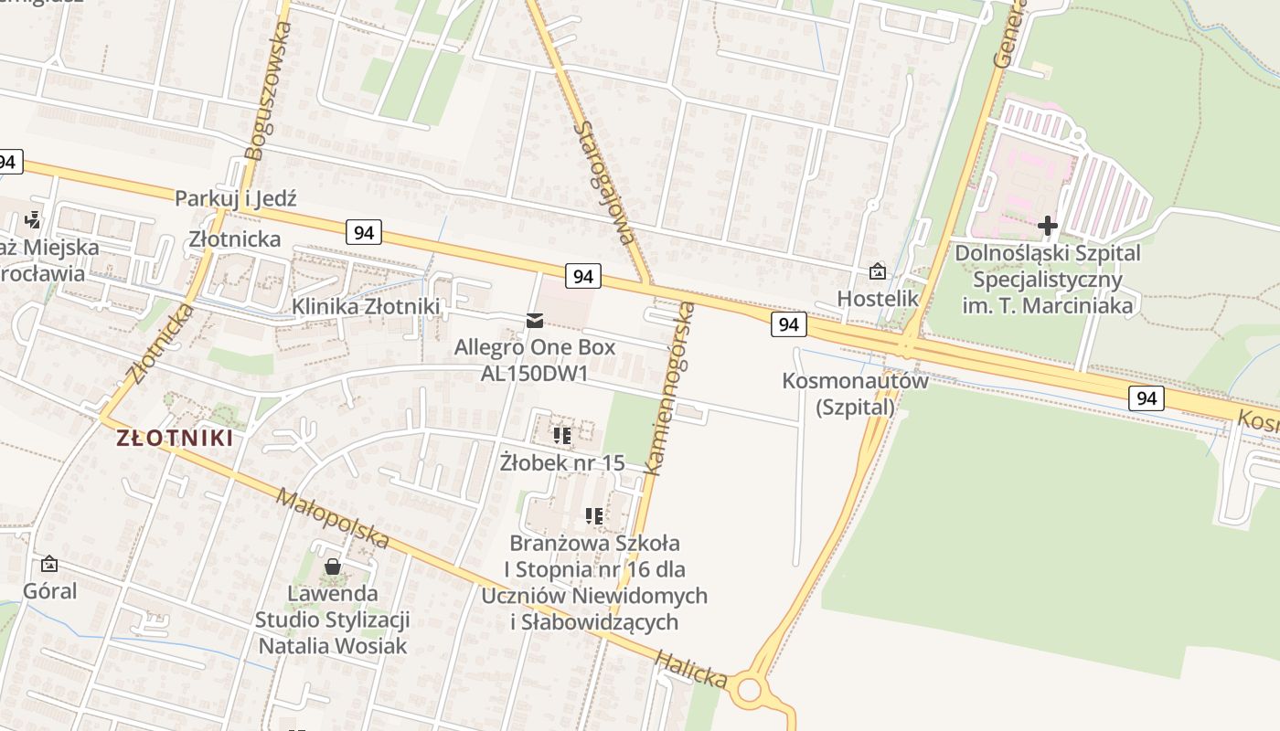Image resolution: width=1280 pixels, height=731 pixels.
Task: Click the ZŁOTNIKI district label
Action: click(175, 438)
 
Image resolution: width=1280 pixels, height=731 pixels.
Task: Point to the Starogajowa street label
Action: click(603, 179)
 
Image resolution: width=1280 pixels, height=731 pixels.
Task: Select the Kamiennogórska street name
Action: click(669, 388)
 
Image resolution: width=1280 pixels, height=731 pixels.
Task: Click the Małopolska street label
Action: click(333, 519)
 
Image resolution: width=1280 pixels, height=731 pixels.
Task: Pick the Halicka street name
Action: click(691, 669)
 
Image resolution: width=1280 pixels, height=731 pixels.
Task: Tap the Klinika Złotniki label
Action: click(366, 307)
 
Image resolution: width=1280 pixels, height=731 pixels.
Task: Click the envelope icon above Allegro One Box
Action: click(535, 320)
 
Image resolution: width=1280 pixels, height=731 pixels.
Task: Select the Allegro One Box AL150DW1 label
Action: click(535, 360)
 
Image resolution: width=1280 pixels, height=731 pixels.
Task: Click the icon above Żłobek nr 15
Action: click(562, 435)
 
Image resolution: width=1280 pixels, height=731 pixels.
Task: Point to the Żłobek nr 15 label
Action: click(562, 462)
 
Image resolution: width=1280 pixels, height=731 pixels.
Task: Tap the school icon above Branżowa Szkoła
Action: click(594, 516)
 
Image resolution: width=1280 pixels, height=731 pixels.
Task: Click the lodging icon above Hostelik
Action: click(878, 271)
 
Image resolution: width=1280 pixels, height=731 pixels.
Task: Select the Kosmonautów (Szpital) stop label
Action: click(855, 394)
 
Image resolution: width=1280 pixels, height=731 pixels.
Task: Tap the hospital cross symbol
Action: click(1048, 225)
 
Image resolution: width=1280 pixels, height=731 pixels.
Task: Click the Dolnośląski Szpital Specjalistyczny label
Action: click(1048, 278)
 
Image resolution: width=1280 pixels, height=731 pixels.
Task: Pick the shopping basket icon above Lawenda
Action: click(333, 567)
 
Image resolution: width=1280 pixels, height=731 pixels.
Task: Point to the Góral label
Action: click(50, 590)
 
